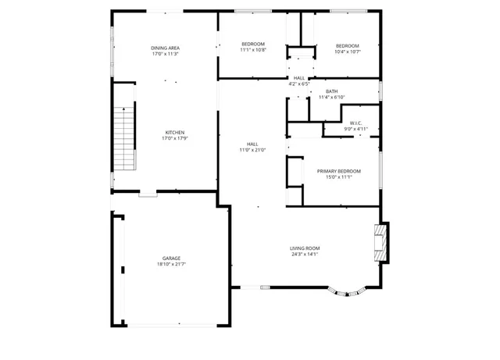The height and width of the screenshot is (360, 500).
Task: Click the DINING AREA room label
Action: coord(165,48)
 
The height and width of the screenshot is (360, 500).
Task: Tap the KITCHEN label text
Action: coord(174,132)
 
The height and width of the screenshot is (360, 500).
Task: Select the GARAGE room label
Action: coord(172,258)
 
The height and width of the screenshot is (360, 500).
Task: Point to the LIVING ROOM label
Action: coord(305,248)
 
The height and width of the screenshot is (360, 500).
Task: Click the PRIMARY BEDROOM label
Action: coord(338,171)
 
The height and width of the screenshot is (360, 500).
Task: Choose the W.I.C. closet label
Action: coord(355,123)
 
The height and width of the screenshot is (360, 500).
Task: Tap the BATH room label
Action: coord(332,91)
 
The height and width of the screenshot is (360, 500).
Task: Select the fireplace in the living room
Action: coord(381,242)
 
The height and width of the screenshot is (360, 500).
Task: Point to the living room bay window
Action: coord(348,293)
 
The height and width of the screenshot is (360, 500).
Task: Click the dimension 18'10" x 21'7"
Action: coord(172,265)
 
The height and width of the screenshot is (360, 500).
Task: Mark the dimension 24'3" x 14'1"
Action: coord(305,255)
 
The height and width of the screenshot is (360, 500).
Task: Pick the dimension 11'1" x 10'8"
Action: coord(252,50)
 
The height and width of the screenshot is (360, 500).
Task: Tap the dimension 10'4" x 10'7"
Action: coord(348,51)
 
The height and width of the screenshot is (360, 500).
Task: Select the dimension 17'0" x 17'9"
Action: coord(174,138)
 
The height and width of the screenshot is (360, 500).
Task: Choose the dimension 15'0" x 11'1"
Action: coord(338,177)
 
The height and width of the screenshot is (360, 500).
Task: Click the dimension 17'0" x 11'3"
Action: coord(165,55)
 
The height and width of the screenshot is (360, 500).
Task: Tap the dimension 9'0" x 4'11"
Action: coord(355,129)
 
